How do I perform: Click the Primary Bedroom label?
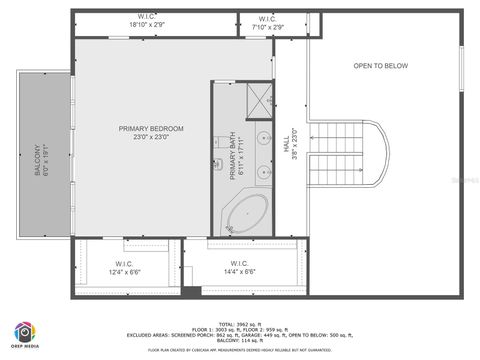[151, 128]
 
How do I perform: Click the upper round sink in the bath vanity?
[264, 138]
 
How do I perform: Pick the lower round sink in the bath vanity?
[264, 173]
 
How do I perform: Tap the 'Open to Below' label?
[381, 66]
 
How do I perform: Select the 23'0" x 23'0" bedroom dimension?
[151, 137]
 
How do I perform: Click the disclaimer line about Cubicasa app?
[239, 350]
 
